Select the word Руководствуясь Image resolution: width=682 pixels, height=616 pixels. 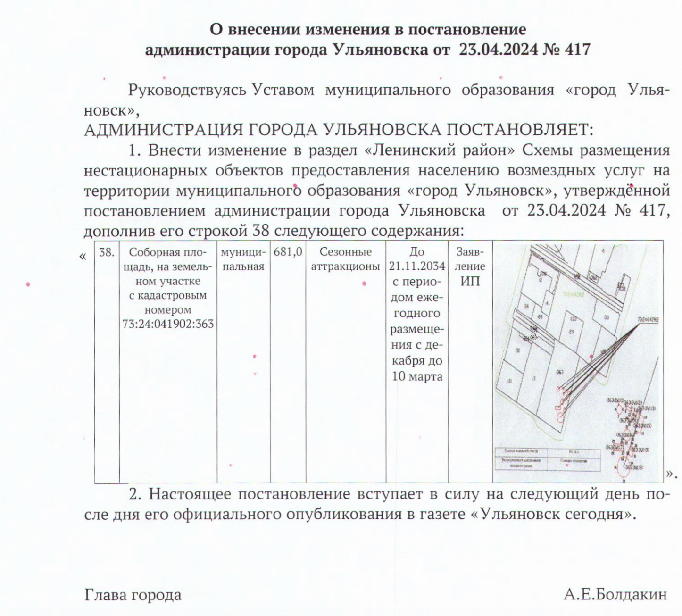click(187, 90)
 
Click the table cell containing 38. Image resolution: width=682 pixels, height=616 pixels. click(107, 252)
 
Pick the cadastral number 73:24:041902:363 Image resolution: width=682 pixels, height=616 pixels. click(168, 325)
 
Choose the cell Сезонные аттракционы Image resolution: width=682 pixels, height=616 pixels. click(345, 259)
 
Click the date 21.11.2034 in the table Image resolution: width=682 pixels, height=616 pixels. click(417, 266)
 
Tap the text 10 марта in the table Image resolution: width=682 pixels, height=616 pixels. click(417, 377)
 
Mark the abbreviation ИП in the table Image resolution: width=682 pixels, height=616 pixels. click(470, 281)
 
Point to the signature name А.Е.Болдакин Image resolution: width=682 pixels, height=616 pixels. click(615, 595)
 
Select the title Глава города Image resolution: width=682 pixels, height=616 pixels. click(133, 595)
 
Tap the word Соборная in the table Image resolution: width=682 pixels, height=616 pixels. click(151, 252)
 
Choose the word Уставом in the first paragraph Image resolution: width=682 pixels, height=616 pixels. click(283, 90)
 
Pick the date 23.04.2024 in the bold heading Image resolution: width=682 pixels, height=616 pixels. click(499, 50)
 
